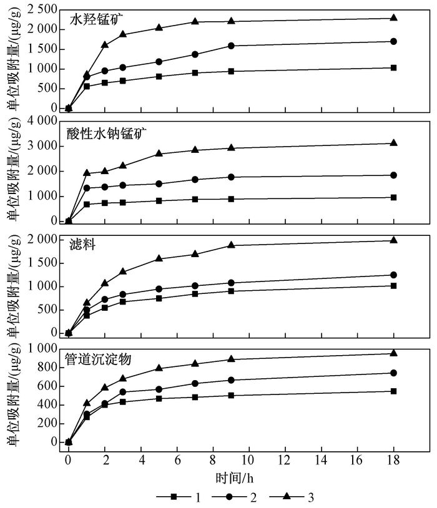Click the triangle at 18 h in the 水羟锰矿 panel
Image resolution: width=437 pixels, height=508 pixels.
pyautogui.click(x=394, y=17)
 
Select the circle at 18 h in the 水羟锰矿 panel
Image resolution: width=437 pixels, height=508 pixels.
pyautogui.click(x=394, y=41)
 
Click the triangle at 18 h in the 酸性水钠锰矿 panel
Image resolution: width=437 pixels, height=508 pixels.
pyautogui.click(x=394, y=143)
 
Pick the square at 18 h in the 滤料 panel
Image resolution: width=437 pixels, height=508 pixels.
pyautogui.click(x=394, y=286)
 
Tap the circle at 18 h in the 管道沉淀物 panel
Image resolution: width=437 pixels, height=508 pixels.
pyautogui.click(x=394, y=373)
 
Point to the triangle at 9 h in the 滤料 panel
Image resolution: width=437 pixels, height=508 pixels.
pyautogui.click(x=231, y=245)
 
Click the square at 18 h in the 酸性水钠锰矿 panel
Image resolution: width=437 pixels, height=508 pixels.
pyautogui.click(x=394, y=197)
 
